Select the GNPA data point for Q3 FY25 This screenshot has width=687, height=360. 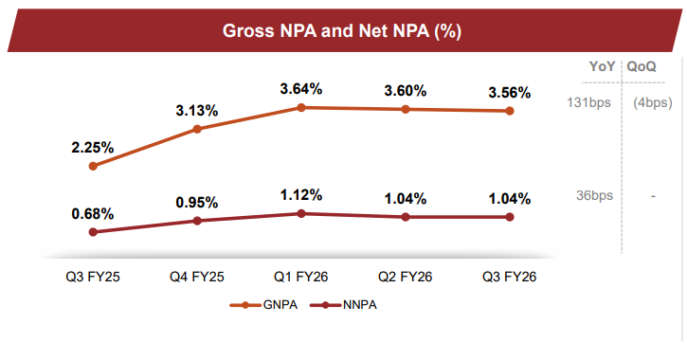tap(93, 166)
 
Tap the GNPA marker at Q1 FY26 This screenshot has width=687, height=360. tap(301, 107)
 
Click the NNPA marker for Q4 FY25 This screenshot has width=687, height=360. tap(197, 221)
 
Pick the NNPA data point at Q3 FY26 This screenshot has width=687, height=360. tap(510, 217)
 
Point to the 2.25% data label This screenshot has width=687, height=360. tap(93, 147)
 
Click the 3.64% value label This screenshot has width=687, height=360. tap(301, 88)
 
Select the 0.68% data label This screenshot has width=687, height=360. tap(93, 213)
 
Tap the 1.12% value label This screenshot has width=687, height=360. tap(301, 194)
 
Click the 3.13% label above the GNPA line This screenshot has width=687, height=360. tap(197, 110)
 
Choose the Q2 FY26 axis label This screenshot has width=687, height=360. tap(406, 277)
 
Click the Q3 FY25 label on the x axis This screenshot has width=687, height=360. tap(93, 277)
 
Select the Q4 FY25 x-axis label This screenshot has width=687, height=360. tap(197, 277)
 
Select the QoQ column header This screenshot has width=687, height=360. tap(642, 66)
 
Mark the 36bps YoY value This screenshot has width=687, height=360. tap(594, 195)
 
